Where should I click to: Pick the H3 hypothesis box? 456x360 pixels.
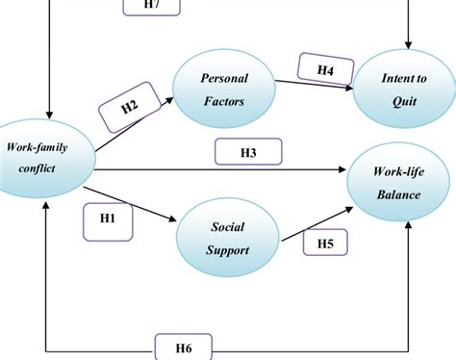pos(248,151)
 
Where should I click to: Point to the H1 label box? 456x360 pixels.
pos(108,219)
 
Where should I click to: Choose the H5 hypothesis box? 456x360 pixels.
pos(325,244)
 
